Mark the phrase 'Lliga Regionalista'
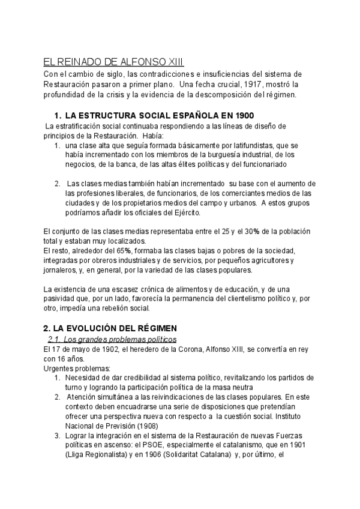pyautogui.click(x=100, y=455)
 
